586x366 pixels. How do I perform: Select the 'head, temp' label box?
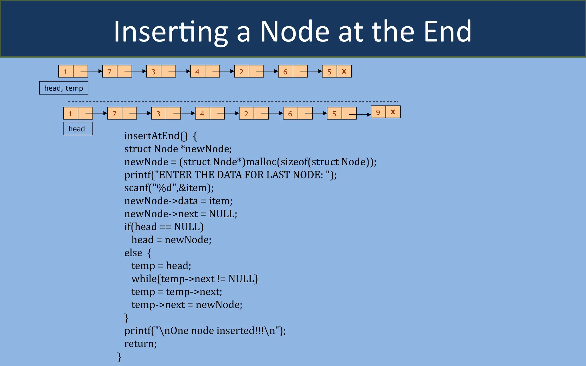click(64, 88)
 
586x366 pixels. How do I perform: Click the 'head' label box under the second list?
click(78, 129)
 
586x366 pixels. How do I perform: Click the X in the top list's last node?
click(344, 71)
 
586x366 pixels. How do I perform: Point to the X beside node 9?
click(393, 112)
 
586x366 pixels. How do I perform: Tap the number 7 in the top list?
click(110, 72)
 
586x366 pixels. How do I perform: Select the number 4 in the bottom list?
click(202, 114)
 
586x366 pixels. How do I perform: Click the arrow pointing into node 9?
click(364, 115)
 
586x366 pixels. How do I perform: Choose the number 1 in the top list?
click(66, 72)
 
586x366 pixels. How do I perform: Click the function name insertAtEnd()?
click(156, 136)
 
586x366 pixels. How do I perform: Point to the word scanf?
click(136, 188)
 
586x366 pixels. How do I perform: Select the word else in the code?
click(133, 253)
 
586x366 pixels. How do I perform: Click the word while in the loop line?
click(144, 279)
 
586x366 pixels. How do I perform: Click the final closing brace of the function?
click(119, 357)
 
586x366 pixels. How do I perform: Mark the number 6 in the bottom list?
click(290, 114)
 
